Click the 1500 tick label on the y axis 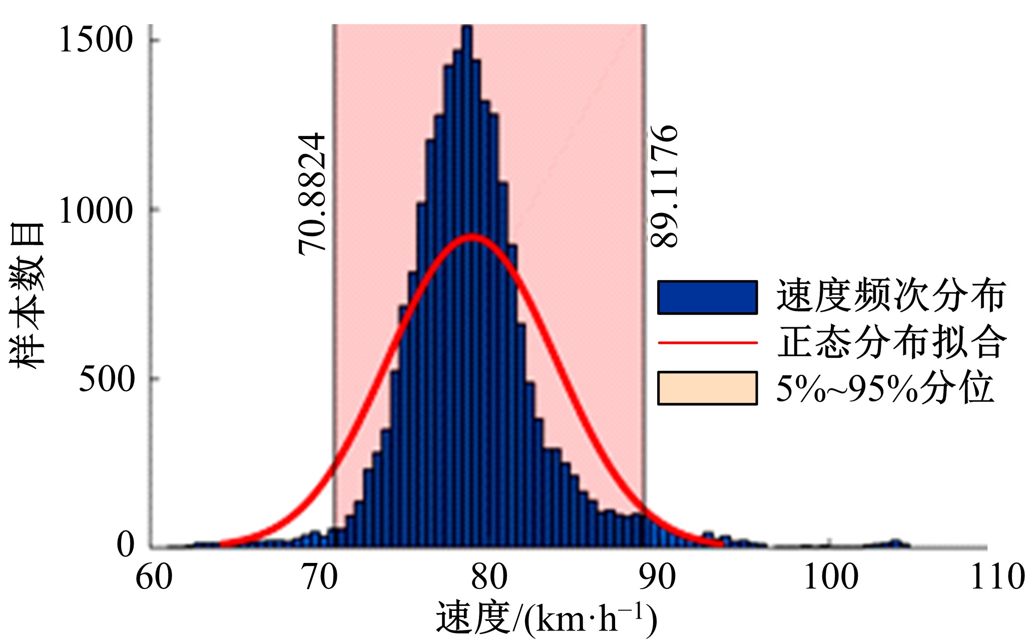coord(96,40)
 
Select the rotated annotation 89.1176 coord(664,186)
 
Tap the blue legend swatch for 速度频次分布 coord(707,297)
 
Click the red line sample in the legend coord(707,343)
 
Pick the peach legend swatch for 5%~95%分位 coord(707,388)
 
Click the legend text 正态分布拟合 coord(891,343)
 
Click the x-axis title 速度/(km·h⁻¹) coord(546,618)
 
